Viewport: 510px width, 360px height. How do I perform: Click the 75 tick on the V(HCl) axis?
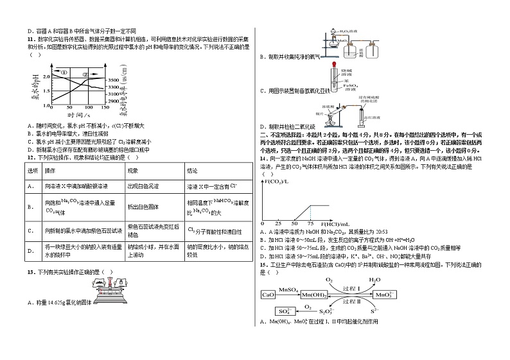click(x=310, y=222)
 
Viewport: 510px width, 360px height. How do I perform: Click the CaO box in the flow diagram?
click(x=268, y=294)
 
